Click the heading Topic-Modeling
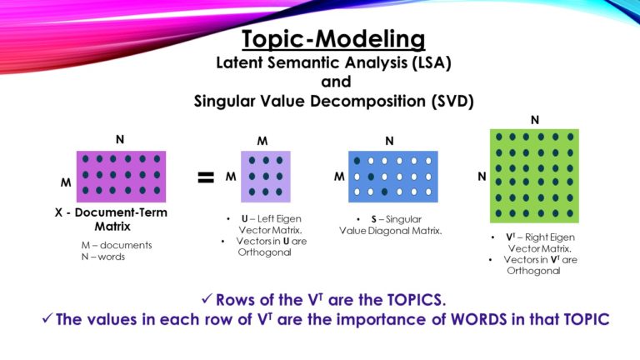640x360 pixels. coord(333,38)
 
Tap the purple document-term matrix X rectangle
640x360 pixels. coord(121,176)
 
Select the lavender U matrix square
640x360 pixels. coord(266,176)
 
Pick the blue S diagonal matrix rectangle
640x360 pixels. coord(392,177)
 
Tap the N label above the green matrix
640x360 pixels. coord(534,120)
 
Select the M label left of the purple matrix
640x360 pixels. coord(65,182)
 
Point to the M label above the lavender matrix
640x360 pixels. coord(262,142)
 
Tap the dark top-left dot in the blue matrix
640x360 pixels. coord(357,160)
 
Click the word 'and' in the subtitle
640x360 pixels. coord(333,82)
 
